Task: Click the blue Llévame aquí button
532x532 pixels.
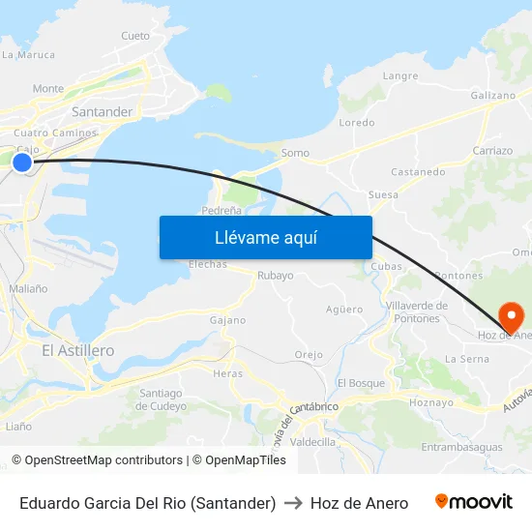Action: pyautogui.click(x=265, y=237)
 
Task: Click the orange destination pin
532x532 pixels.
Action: pyautogui.click(x=510, y=315)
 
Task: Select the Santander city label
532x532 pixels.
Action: pyautogui.click(x=102, y=112)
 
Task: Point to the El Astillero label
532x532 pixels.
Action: pyautogui.click(x=78, y=350)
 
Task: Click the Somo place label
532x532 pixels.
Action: pyautogui.click(x=295, y=153)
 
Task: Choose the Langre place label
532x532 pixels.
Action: pyautogui.click(x=400, y=75)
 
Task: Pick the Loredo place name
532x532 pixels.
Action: pyautogui.click(x=357, y=123)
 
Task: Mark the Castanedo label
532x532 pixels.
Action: pyautogui.click(x=418, y=172)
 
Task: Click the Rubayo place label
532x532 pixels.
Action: pyautogui.click(x=276, y=276)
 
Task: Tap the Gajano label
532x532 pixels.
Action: pyautogui.click(x=228, y=320)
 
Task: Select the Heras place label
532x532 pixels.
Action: pyautogui.click(x=228, y=373)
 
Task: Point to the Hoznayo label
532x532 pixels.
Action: pyautogui.click(x=431, y=401)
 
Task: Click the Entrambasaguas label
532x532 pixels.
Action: pyautogui.click(x=462, y=447)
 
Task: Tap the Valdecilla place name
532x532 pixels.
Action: pyautogui.click(x=312, y=441)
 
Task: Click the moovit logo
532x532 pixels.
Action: pyautogui.click(x=474, y=502)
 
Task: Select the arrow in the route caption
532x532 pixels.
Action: pyautogui.click(x=293, y=503)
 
